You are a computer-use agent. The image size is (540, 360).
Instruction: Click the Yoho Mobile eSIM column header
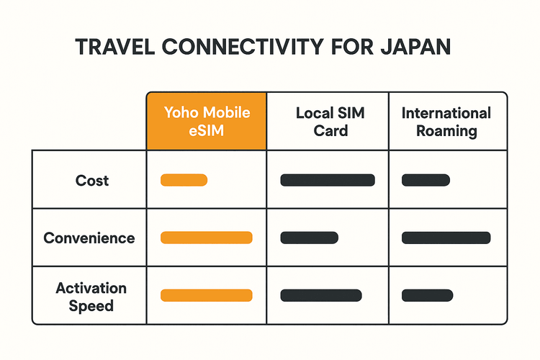click(x=207, y=121)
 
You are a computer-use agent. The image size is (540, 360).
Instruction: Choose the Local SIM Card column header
click(x=328, y=121)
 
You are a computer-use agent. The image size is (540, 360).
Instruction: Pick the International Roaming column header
click(x=447, y=121)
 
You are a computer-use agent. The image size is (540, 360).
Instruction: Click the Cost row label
click(x=91, y=180)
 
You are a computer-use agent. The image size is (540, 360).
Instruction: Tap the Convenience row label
click(x=89, y=238)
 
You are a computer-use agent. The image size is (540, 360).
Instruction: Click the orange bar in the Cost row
click(x=184, y=180)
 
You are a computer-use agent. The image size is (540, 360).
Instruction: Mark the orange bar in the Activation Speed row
click(x=207, y=295)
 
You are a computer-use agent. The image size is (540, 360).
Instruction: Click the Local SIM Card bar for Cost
click(x=328, y=180)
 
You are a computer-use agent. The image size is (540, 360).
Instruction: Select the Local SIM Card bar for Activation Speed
click(x=320, y=295)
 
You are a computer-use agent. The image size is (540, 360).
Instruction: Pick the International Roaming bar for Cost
click(x=426, y=180)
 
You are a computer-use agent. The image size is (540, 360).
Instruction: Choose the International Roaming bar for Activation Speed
click(x=427, y=295)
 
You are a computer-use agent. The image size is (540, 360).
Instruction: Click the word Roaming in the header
click(x=447, y=130)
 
